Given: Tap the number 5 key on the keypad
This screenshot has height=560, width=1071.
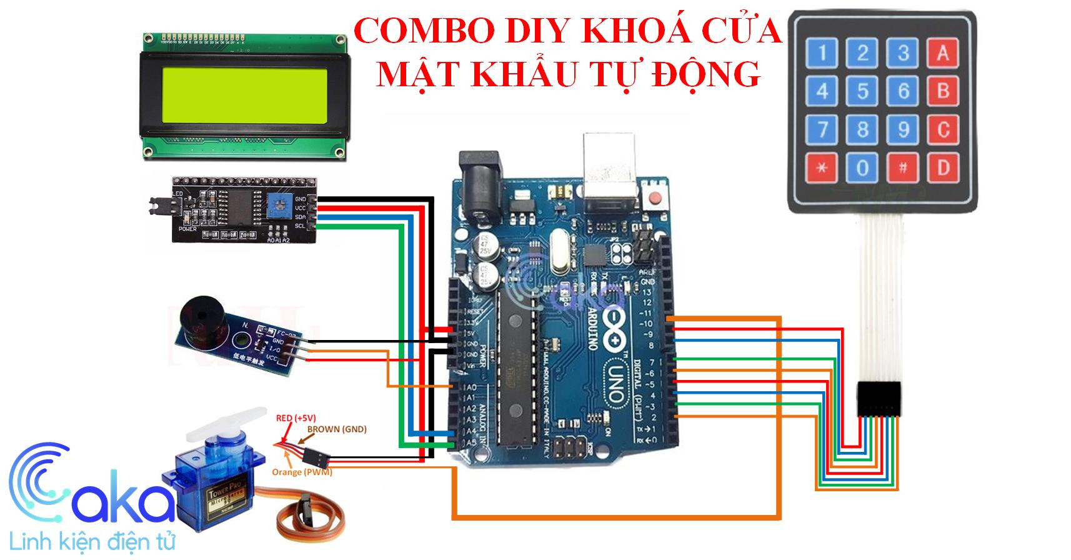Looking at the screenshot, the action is (x=862, y=92).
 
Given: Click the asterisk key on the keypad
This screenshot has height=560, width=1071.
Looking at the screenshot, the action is (x=822, y=168).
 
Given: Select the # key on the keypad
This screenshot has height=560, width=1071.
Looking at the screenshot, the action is (x=902, y=168).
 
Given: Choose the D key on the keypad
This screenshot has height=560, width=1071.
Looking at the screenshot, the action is (x=942, y=168).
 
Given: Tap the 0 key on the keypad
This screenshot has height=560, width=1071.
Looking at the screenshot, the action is (x=862, y=168).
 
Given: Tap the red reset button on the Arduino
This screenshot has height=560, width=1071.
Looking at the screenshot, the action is (x=655, y=199).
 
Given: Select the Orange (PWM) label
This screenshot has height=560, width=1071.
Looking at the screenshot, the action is (x=302, y=472).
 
